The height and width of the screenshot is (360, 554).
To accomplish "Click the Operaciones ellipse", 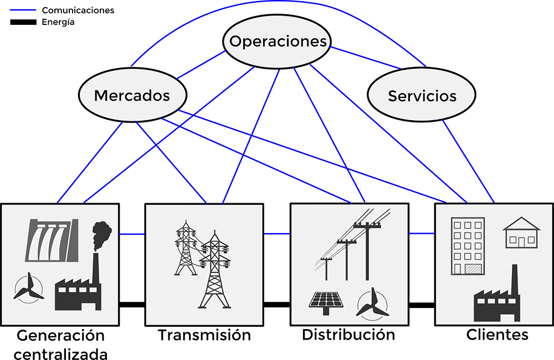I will [x=278, y=42].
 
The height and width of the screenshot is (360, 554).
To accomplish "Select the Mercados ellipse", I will [x=132, y=95].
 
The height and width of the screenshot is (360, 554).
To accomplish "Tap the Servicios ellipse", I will [x=422, y=95].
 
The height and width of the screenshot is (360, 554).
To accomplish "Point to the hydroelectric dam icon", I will [x=51, y=240].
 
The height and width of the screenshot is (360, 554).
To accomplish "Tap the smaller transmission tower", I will [x=186, y=249].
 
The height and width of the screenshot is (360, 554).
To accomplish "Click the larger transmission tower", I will [x=214, y=271].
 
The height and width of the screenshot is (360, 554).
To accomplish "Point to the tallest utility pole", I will [x=367, y=249].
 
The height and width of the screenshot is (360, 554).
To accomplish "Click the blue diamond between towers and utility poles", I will [x=277, y=234].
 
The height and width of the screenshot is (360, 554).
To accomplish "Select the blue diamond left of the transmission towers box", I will [x=132, y=234].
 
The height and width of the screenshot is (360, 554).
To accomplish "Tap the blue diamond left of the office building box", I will [x=422, y=234].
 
